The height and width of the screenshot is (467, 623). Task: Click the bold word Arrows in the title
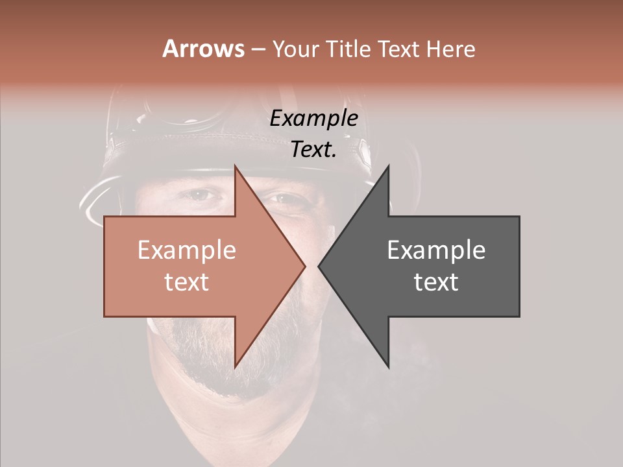tap(204, 49)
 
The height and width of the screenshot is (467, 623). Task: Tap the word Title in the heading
tap(350, 49)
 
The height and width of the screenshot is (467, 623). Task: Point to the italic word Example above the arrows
tap(314, 119)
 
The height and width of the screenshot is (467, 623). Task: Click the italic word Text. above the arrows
tap(314, 150)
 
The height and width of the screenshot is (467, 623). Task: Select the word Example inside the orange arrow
tap(187, 250)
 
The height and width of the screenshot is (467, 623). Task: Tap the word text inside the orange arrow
tap(187, 281)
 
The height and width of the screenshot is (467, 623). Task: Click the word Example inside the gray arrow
tap(436, 250)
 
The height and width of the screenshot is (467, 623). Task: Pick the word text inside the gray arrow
tap(436, 281)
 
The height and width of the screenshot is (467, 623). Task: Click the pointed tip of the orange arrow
tap(304, 266)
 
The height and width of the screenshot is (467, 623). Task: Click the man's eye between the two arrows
tap(286, 198)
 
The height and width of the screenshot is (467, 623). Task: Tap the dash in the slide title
tap(257, 50)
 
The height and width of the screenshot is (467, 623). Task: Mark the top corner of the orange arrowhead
tap(236, 166)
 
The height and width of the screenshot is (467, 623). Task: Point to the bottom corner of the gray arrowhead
tap(389, 367)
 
